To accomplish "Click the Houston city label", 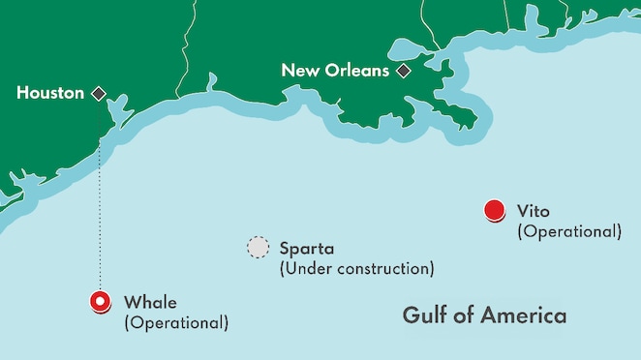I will pos(50,94).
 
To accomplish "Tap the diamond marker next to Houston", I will pos(98,94).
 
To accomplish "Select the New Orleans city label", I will pos(335,71).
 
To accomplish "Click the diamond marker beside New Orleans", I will pos(403,71).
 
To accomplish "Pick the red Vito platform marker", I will pos(494,210).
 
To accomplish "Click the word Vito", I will pos(534,210).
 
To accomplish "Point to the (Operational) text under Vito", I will pos(569,231).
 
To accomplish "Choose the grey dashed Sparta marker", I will pos(258,248).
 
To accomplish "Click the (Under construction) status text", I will pos(356,268).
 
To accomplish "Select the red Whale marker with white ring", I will pos(100,302).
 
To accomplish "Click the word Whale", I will pos(151,301).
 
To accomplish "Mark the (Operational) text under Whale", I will pos(176,321).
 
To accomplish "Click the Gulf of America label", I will pos(484,315).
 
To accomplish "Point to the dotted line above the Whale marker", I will pos(100,223).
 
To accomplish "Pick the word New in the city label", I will pos(298,71).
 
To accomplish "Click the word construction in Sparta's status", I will pos(383,268).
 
